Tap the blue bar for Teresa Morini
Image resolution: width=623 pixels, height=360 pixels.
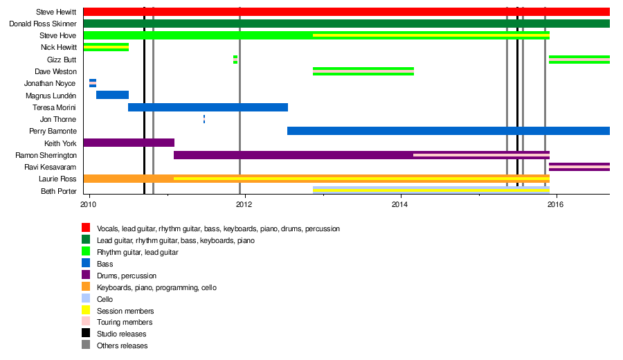(208, 107)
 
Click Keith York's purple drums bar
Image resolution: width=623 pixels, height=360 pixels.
(129, 143)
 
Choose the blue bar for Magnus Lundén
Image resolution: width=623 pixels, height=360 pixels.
(112, 95)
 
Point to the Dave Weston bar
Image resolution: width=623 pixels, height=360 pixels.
(363, 71)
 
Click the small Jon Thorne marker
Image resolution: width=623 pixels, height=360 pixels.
(204, 119)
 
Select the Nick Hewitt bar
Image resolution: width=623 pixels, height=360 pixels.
(106, 47)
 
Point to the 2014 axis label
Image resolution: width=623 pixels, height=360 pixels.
(400, 206)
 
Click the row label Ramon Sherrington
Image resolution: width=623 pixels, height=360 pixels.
(46, 155)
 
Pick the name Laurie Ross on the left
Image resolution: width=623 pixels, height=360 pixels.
(57, 179)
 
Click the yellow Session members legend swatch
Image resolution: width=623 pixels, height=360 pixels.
(86, 311)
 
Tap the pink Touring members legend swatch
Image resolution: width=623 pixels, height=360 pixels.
(86, 322)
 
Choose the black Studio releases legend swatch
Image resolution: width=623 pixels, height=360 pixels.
(86, 334)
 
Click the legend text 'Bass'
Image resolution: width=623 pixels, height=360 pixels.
(105, 264)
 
